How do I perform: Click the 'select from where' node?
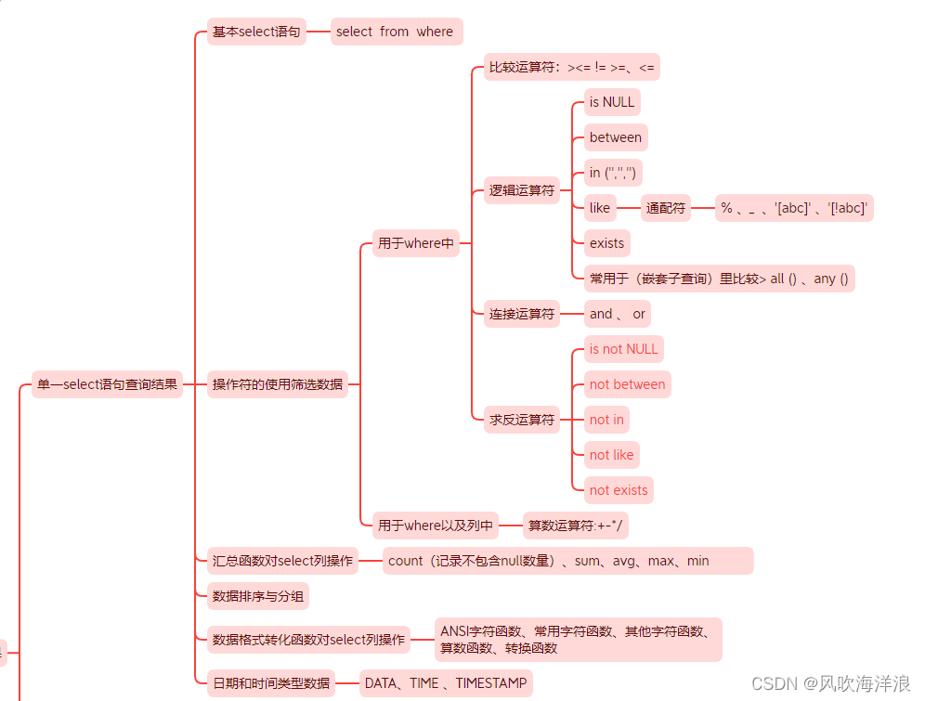(x=395, y=32)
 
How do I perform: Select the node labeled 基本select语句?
(x=256, y=32)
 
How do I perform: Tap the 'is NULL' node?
(x=612, y=102)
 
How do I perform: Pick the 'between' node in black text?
(x=615, y=137)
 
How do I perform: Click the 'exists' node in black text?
(x=606, y=243)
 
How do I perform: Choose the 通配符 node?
(x=666, y=208)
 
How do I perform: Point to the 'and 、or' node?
(x=617, y=314)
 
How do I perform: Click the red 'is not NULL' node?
(x=623, y=349)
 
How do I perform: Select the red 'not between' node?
(x=627, y=384)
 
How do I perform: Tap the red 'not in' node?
(x=606, y=420)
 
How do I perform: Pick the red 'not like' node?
(x=611, y=455)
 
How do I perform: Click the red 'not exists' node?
(x=619, y=490)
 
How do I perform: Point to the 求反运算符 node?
(x=522, y=420)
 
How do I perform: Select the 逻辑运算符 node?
(x=522, y=190)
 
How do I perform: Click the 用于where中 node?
(x=416, y=243)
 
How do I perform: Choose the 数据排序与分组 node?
(x=258, y=596)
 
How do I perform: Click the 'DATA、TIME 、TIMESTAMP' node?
(x=446, y=683)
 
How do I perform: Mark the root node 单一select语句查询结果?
(x=107, y=384)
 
